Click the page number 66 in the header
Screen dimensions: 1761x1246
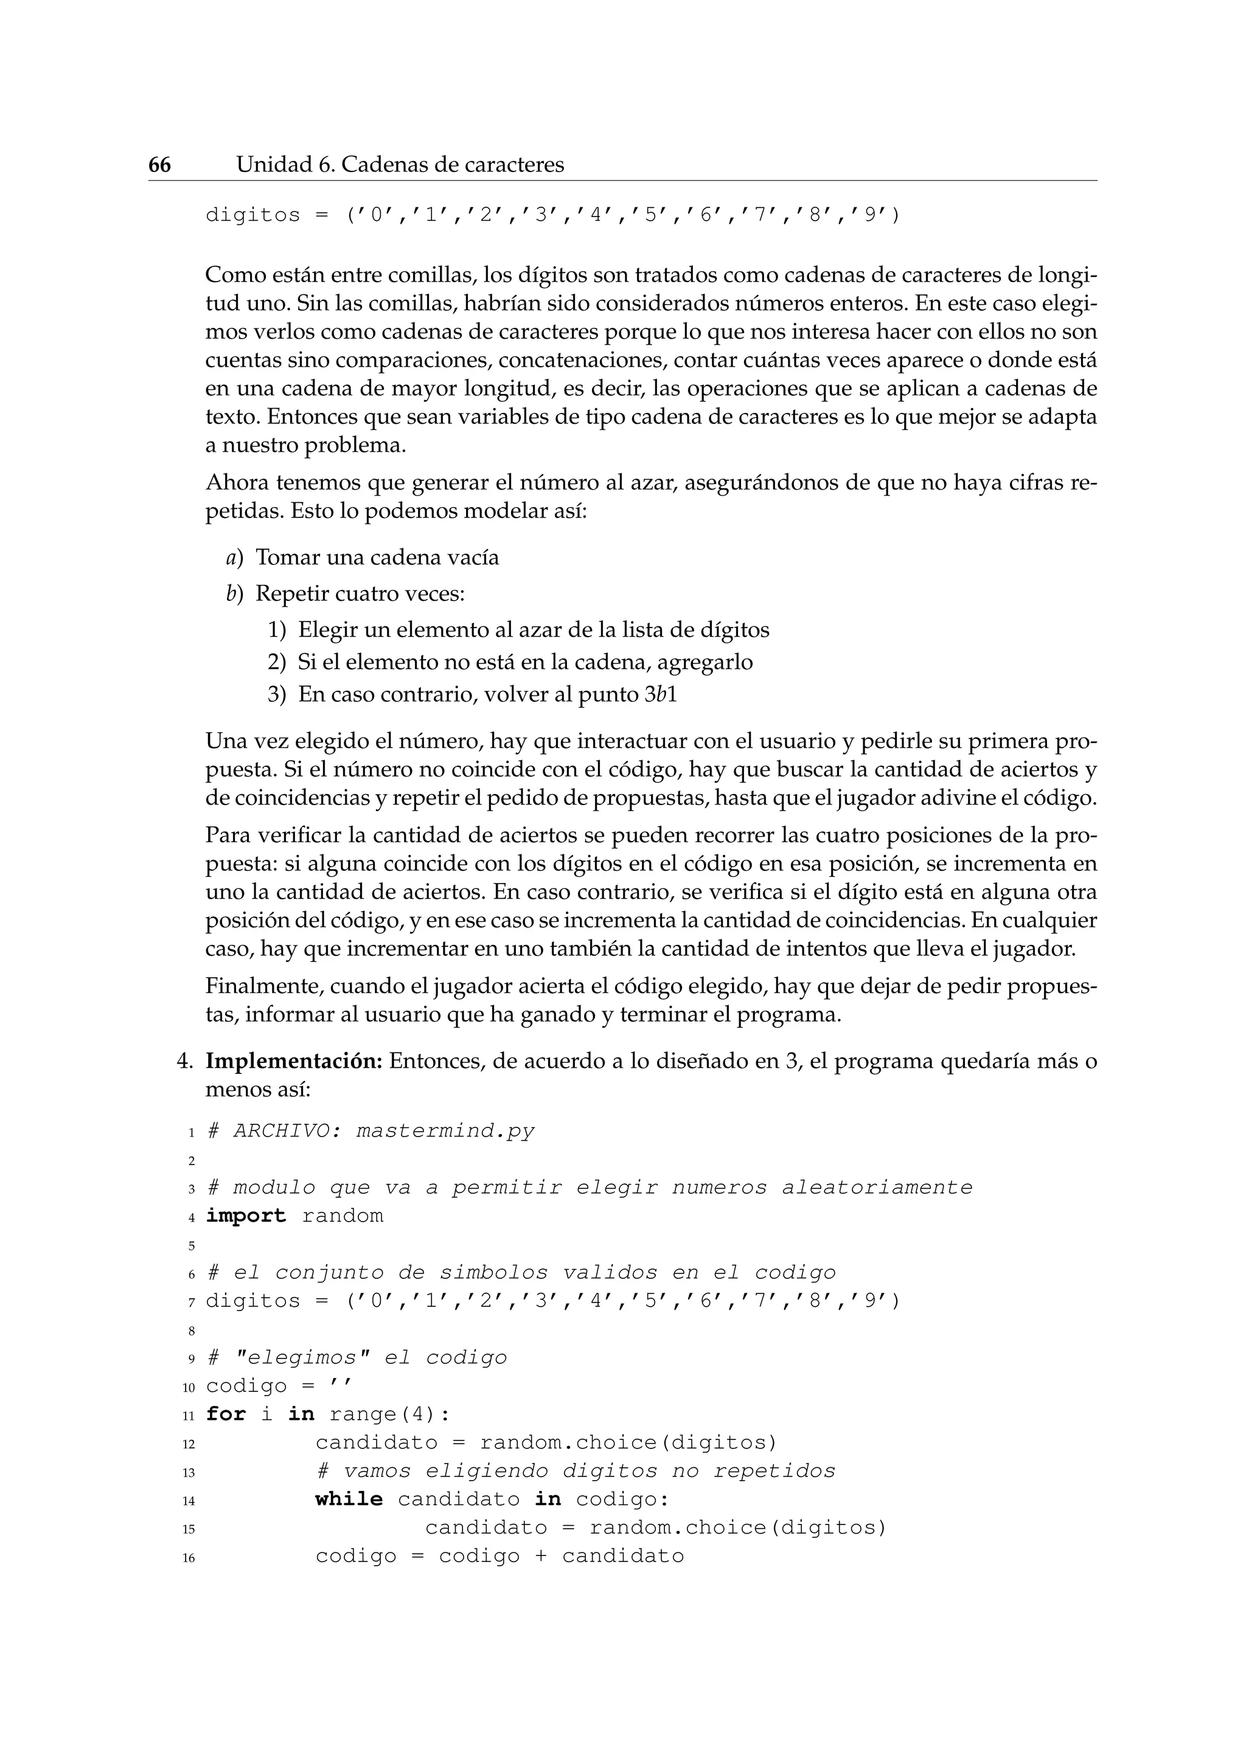pyautogui.click(x=159, y=165)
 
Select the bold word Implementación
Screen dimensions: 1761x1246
pyautogui.click(x=294, y=1062)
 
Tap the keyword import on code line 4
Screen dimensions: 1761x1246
pyautogui.click(x=246, y=1216)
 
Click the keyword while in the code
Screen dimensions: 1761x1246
pyautogui.click(x=349, y=1500)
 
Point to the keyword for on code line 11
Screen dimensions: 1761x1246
pyautogui.click(x=226, y=1414)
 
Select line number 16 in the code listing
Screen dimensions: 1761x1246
pyautogui.click(x=189, y=1558)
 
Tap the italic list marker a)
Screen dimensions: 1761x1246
pyautogui.click(x=234, y=558)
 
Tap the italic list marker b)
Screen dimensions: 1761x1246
pyautogui.click(x=234, y=593)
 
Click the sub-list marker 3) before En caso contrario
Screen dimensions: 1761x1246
pyautogui.click(x=276, y=695)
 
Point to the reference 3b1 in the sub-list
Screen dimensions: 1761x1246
pyautogui.click(x=661, y=695)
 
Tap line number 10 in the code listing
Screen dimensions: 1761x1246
pyautogui.click(x=189, y=1388)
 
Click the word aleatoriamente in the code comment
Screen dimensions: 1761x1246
pyautogui.click(x=877, y=1188)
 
